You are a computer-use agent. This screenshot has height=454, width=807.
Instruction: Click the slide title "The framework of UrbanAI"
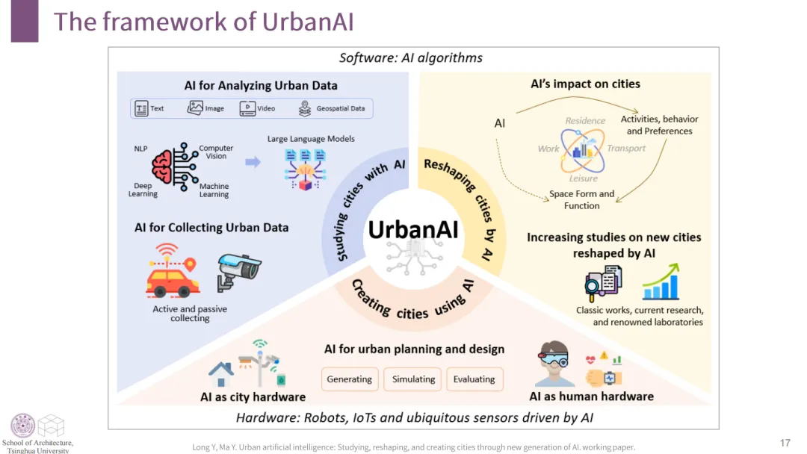point(203,21)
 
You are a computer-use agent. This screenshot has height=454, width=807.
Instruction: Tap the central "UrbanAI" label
point(412,229)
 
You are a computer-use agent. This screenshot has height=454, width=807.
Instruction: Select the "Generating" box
point(349,379)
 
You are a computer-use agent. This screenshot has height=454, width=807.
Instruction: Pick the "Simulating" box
point(413,379)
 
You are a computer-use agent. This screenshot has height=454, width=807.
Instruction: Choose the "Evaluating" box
point(474,379)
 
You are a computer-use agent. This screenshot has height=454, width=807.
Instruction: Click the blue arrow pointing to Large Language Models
point(253,161)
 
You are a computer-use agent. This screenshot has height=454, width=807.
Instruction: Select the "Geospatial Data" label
point(340,108)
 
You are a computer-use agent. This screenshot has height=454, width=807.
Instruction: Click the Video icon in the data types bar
point(247,108)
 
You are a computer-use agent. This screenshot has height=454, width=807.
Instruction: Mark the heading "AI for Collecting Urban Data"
point(211,227)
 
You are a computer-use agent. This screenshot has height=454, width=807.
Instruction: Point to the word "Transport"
point(626,148)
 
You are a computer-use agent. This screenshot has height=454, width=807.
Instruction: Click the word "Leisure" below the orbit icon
point(583,179)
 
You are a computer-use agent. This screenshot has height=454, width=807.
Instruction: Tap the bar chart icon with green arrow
point(661,282)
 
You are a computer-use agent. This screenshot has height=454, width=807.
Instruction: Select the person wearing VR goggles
point(555,364)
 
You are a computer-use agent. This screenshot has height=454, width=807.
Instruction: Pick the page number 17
point(785,443)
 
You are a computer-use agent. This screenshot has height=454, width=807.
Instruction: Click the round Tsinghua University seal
point(22,425)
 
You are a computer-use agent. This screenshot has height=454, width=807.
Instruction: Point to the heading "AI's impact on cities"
point(585,84)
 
